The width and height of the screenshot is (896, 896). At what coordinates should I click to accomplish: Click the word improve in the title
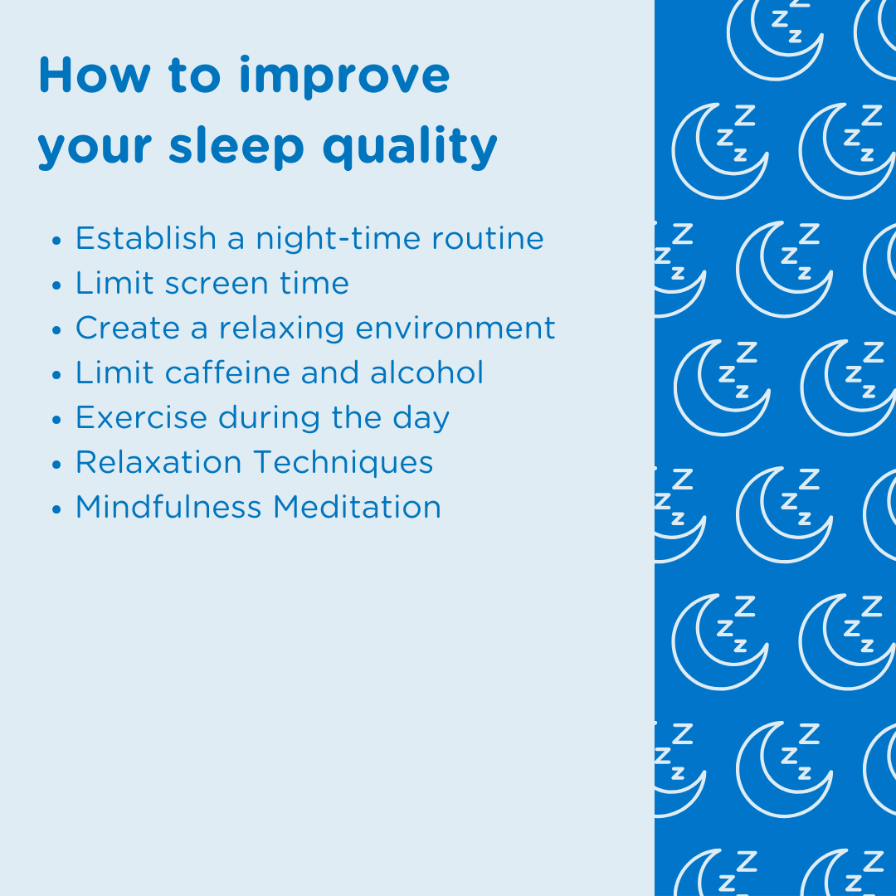[344, 76]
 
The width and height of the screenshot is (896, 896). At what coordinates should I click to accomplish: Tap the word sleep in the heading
[236, 147]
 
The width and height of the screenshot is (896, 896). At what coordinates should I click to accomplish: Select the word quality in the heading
[410, 147]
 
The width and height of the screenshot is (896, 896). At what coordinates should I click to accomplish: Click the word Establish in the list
[146, 238]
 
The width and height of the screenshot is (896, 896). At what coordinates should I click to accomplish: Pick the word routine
[488, 238]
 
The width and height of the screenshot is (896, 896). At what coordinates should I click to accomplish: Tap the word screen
[217, 284]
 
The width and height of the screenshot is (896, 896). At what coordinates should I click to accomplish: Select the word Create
[128, 328]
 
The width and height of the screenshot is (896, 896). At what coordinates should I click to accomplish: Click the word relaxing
[282, 329]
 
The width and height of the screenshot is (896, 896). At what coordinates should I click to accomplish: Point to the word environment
[455, 329]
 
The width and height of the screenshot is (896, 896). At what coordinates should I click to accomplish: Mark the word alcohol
[426, 373]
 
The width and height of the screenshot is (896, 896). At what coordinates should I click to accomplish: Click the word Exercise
[142, 417]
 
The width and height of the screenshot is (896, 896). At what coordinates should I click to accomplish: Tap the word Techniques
[343, 463]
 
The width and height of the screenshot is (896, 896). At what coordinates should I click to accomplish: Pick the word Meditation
[357, 507]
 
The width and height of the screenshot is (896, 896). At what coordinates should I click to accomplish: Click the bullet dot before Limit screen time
[56, 285]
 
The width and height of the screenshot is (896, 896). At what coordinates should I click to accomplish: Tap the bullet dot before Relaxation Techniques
[56, 464]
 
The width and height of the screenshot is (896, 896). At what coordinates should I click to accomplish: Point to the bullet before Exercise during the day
[56, 420]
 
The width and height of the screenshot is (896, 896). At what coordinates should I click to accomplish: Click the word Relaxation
[158, 462]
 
